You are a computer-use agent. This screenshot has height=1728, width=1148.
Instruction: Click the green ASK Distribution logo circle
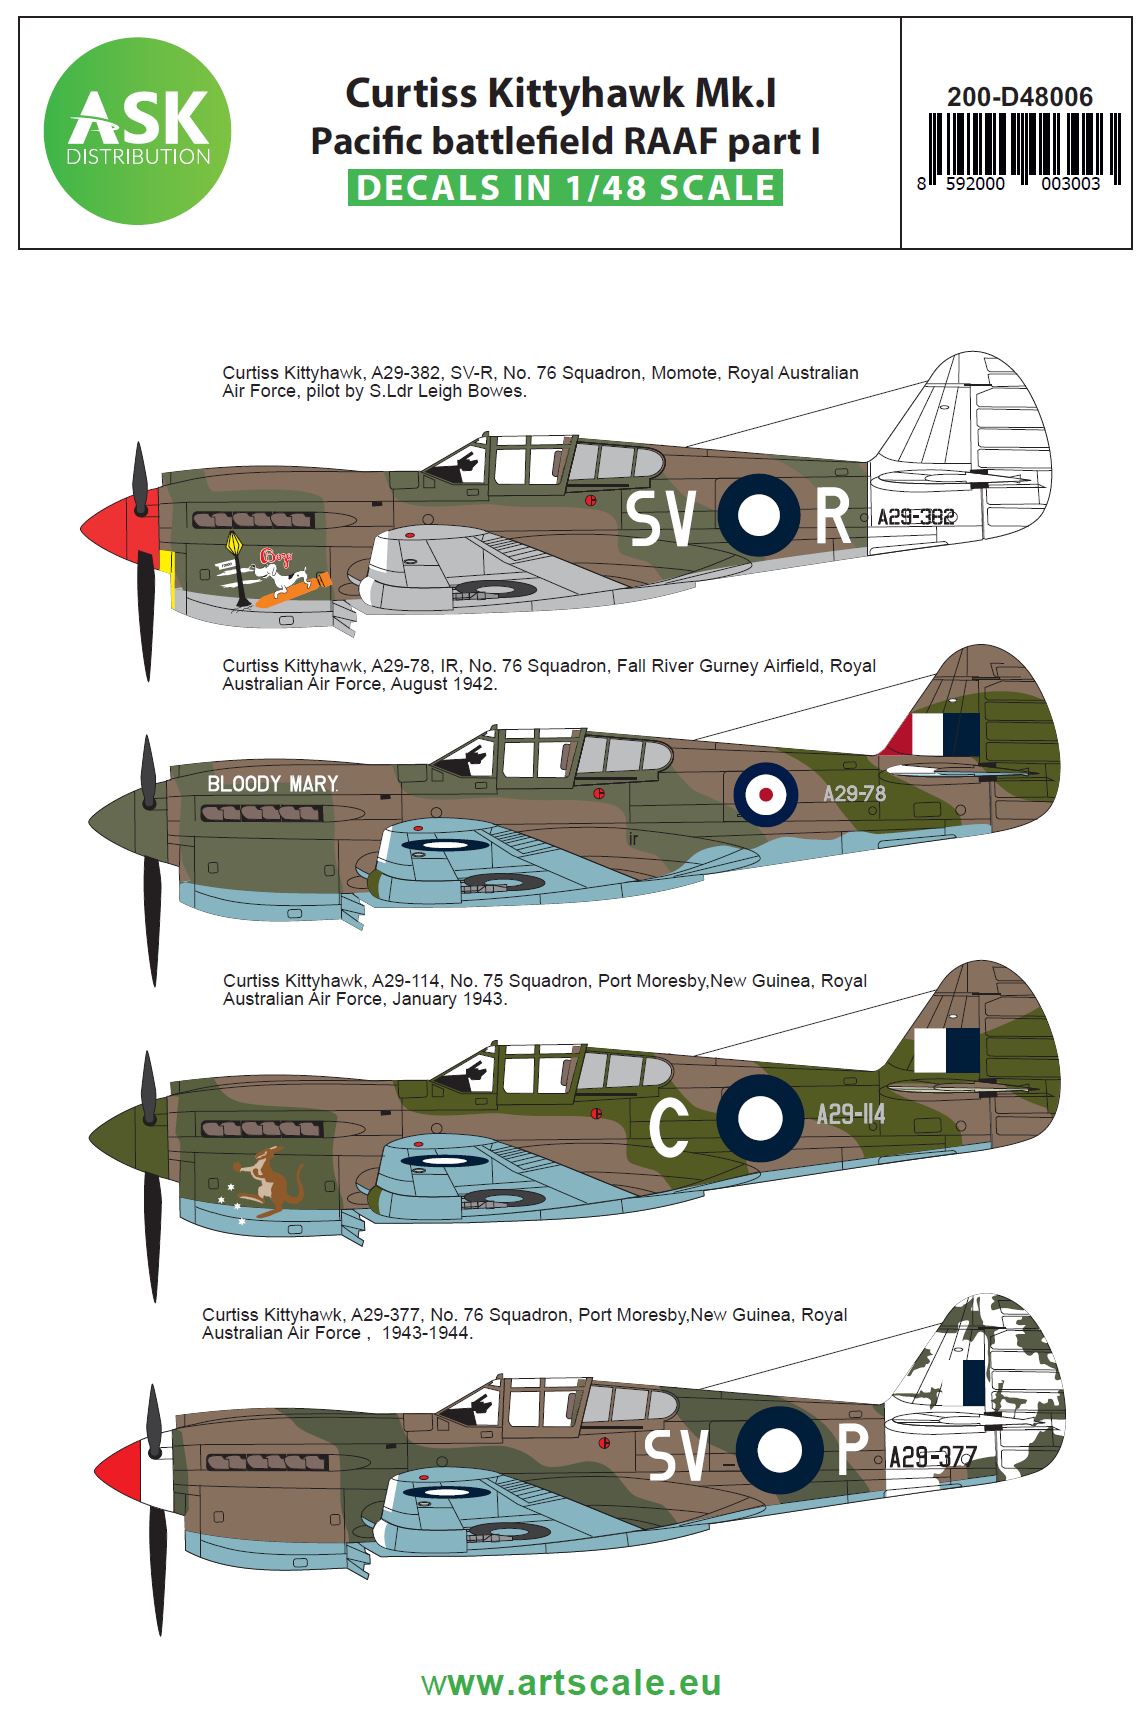point(138,131)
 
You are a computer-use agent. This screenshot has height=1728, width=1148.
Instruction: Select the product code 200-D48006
point(1019,97)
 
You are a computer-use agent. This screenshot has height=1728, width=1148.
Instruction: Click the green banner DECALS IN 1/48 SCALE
point(565,188)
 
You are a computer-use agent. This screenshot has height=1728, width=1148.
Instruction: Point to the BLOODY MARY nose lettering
point(272,784)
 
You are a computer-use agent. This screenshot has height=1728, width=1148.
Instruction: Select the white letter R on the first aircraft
point(833,518)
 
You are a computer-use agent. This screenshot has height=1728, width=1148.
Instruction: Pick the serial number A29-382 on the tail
point(917,517)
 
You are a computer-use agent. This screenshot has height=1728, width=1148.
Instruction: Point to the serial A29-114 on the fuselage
point(850,1114)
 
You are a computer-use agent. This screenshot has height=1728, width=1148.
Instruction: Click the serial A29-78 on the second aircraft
point(854,793)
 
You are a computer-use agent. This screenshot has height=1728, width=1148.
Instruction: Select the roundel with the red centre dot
point(765,794)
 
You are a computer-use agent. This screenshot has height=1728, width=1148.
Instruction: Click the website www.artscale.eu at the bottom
point(571,1682)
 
